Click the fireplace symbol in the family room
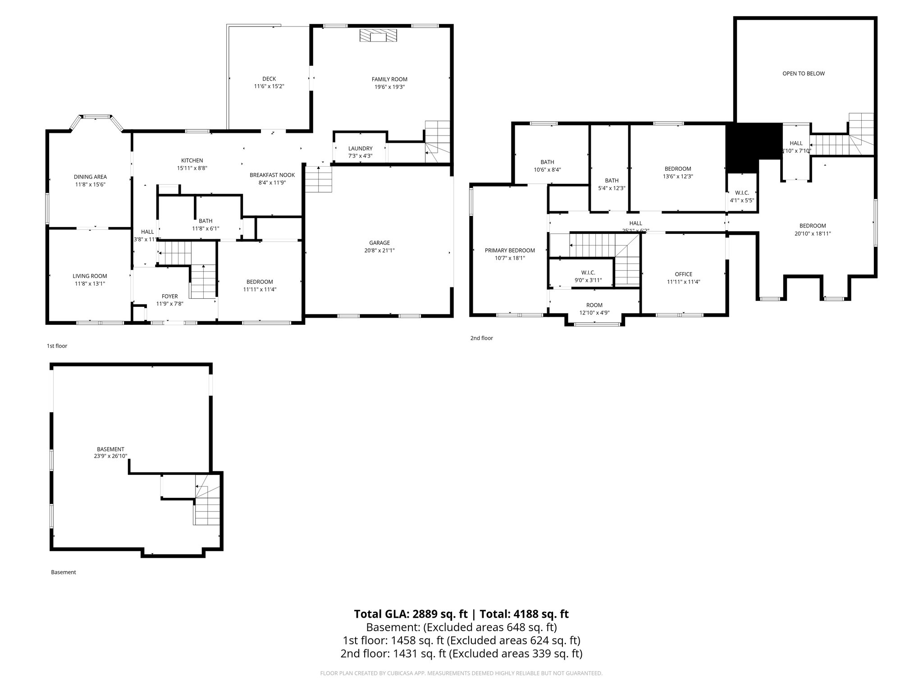(x=379, y=36)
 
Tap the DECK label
(x=269, y=79)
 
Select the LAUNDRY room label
(x=360, y=149)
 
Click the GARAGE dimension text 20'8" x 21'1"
(x=379, y=250)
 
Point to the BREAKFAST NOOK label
(x=272, y=175)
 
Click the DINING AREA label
(x=90, y=177)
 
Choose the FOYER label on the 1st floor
(x=169, y=296)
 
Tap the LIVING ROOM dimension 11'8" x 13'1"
(x=90, y=284)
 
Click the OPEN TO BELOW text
(x=803, y=73)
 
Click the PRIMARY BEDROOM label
(x=510, y=250)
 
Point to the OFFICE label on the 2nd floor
(x=683, y=274)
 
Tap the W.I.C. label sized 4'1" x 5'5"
(x=742, y=193)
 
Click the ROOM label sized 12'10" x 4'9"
(x=594, y=305)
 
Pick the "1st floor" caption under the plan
(x=57, y=346)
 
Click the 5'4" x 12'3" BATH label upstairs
(x=612, y=181)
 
